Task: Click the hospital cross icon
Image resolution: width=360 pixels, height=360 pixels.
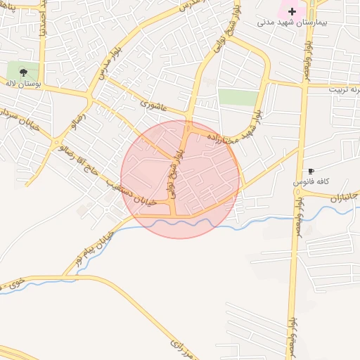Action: (x=292, y=11)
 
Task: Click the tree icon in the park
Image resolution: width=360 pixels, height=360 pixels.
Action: (x=23, y=71)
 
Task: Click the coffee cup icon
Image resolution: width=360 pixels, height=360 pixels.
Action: (x=311, y=171)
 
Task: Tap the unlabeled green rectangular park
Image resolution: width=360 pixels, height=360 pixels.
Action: (x=238, y=97)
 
